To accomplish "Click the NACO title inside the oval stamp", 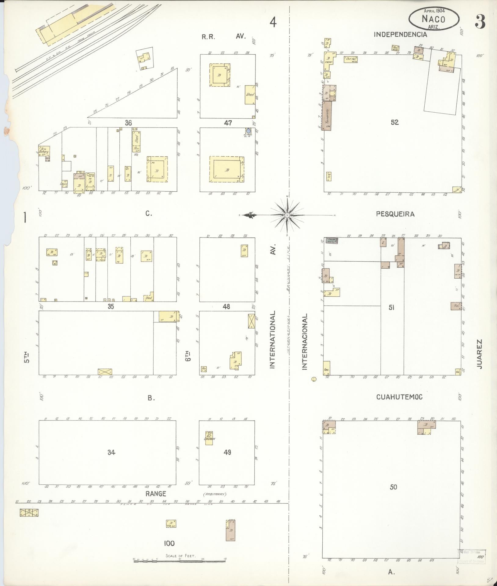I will click(433, 19).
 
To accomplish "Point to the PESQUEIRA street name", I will click(395, 214).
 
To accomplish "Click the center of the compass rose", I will click(287, 215).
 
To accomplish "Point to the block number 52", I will click(395, 122).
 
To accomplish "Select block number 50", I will click(393, 487).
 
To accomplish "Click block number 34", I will click(111, 452).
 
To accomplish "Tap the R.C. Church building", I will click(209, 438).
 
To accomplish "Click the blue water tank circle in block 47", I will click(248, 131).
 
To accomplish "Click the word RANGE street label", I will click(155, 494).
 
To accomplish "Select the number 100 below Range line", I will click(169, 543).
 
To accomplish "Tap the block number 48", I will click(226, 306).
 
